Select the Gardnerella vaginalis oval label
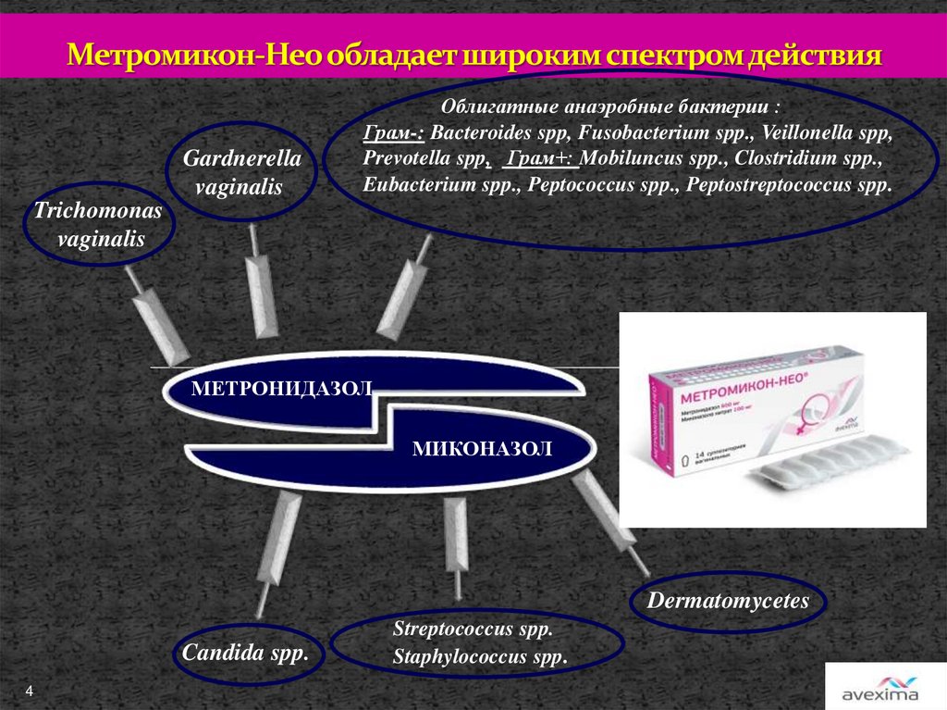pyautogui.click(x=241, y=172)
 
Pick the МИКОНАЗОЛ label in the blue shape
pyautogui.click(x=482, y=450)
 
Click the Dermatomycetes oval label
pyautogui.click(x=728, y=601)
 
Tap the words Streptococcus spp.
pyautogui.click(x=473, y=630)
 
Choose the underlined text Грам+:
pyautogui.click(x=542, y=159)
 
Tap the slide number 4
pyautogui.click(x=30, y=691)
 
